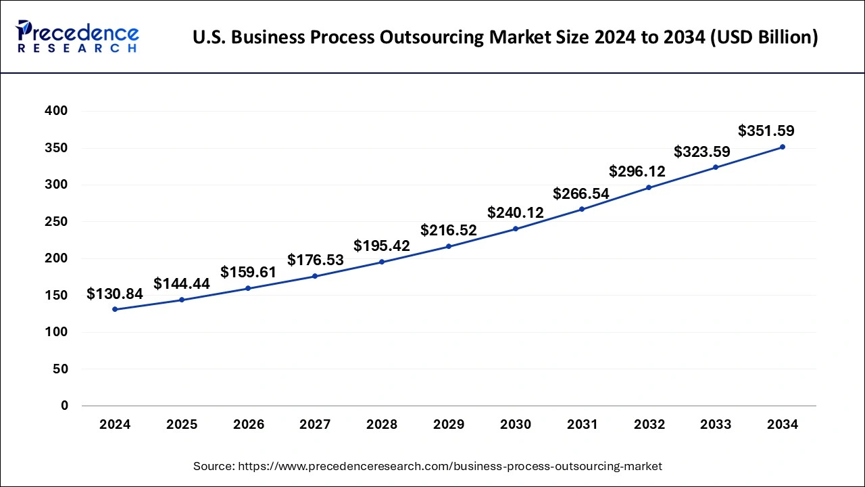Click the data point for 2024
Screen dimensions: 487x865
coord(115,309)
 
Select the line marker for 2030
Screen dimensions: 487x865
coord(516,229)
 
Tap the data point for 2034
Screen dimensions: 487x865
coord(783,147)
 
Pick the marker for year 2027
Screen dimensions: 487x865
coord(315,276)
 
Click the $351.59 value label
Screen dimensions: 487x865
coord(766,131)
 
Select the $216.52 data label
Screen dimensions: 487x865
coord(449,230)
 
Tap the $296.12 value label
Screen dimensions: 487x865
coord(637,171)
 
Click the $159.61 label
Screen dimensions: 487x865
coord(249,272)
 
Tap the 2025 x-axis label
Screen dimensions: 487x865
coord(182,425)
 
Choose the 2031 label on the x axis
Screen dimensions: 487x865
coord(582,425)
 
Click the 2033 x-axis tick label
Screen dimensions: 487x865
coord(716,425)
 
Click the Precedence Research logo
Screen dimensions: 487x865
coord(78,37)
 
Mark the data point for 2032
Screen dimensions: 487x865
coord(649,187)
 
